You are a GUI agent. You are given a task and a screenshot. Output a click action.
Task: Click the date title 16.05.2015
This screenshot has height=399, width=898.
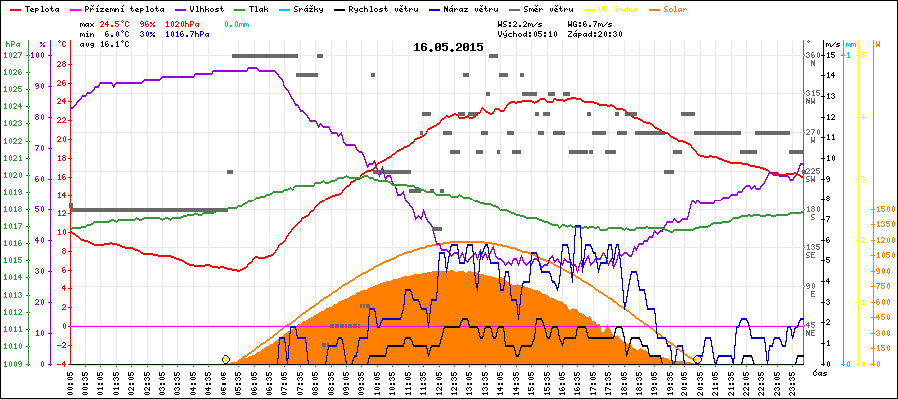pyautogui.click(x=448, y=47)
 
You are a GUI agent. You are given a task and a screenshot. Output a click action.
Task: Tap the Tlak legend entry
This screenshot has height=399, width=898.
pyautogui.click(x=261, y=8)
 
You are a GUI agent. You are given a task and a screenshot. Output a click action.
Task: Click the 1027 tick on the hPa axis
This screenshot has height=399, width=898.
pyautogui.click(x=13, y=55)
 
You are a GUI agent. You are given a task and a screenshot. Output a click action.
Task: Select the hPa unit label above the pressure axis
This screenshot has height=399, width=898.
pyautogui.click(x=12, y=45)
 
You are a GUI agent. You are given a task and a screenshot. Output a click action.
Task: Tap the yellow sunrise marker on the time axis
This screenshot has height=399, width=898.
pyautogui.click(x=226, y=359)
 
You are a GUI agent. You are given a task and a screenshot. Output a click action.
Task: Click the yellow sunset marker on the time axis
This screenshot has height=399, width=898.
pyautogui.click(x=697, y=359)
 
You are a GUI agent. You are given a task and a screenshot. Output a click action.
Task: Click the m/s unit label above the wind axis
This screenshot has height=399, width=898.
pyautogui.click(x=832, y=45)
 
